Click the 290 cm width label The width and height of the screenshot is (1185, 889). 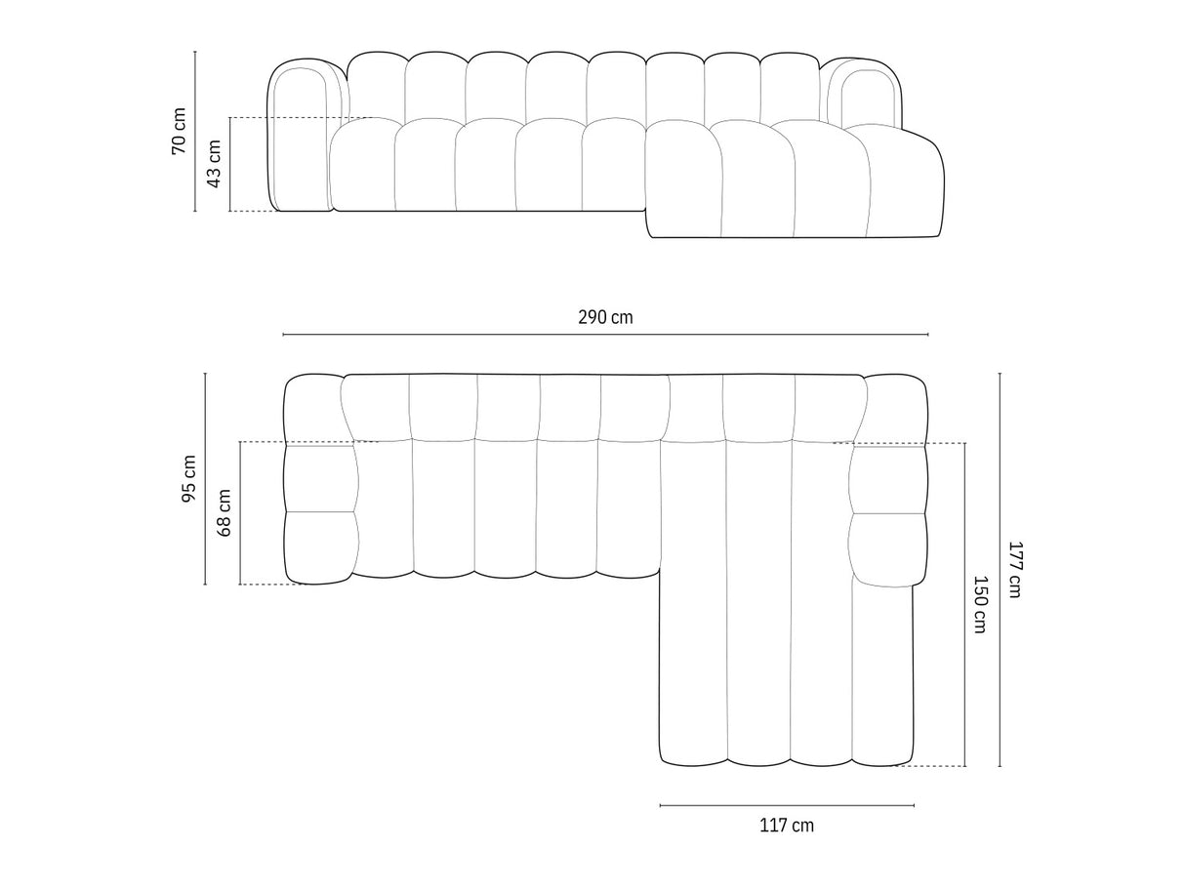click(x=605, y=317)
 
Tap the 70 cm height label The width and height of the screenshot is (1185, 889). click(x=179, y=131)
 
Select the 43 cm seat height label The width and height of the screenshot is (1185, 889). click(x=215, y=164)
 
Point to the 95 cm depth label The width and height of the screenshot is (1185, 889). click(x=188, y=479)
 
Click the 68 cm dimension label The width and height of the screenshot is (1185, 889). click(x=225, y=512)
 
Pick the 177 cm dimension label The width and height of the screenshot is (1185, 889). click(x=1014, y=570)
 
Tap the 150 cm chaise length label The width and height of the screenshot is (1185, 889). click(x=980, y=604)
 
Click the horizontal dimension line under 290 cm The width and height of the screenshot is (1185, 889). click(x=605, y=335)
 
